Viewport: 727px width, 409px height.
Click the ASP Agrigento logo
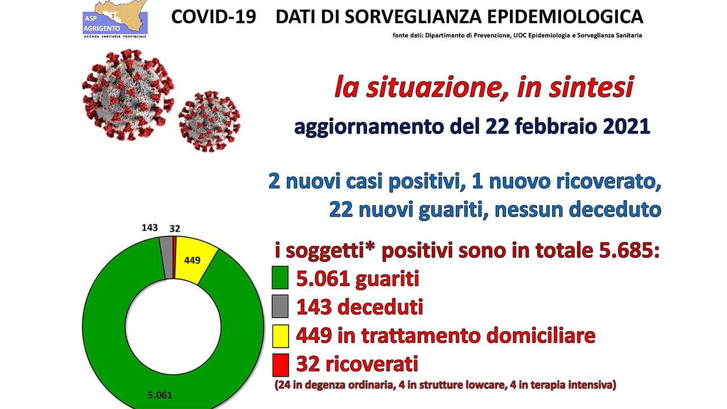(115, 19)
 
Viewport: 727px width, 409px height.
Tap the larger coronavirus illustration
(128, 94)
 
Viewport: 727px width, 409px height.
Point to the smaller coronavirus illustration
(210, 122)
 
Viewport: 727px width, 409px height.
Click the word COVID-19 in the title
(214, 17)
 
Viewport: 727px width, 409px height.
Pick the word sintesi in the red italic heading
(591, 87)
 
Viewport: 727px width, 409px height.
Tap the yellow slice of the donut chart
(194, 260)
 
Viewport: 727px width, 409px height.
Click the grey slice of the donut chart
(167, 257)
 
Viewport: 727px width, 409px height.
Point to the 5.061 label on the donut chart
(160, 395)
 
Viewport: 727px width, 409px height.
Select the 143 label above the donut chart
(149, 228)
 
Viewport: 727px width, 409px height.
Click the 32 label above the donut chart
(174, 229)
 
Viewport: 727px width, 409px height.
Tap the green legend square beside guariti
(280, 278)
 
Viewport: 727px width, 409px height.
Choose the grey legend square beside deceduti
(280, 306)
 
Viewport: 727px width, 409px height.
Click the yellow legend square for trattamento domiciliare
(280, 336)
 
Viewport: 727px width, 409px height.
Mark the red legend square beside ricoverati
(281, 365)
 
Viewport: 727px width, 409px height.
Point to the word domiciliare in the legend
(541, 335)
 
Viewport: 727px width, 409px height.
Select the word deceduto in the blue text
(615, 210)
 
